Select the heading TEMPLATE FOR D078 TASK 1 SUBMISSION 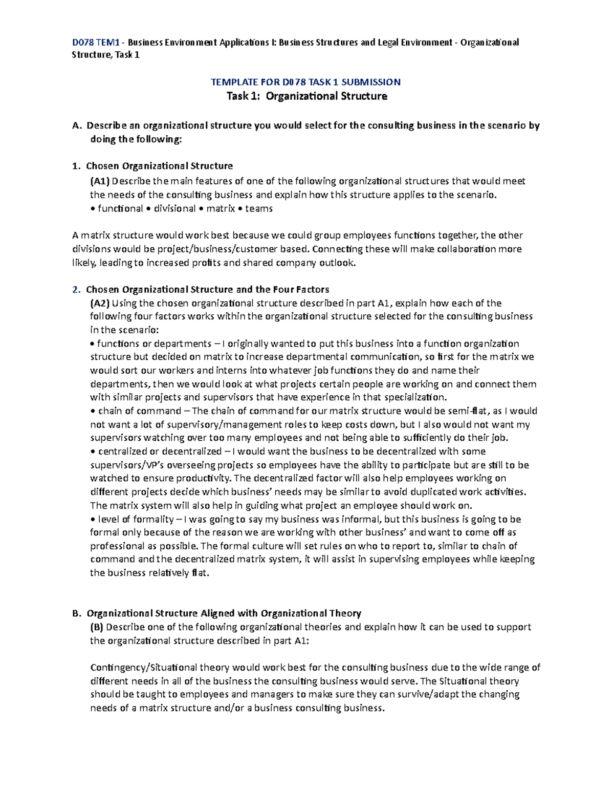[x=306, y=82]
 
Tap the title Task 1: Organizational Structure [x=306, y=96]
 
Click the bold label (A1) [x=99, y=181]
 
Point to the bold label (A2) [x=99, y=303]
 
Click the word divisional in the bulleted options [x=174, y=208]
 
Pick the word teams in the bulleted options [x=259, y=208]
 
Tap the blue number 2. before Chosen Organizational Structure [x=76, y=290]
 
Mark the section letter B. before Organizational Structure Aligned [x=77, y=613]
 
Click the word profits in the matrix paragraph [x=204, y=263]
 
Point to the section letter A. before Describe [x=77, y=126]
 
